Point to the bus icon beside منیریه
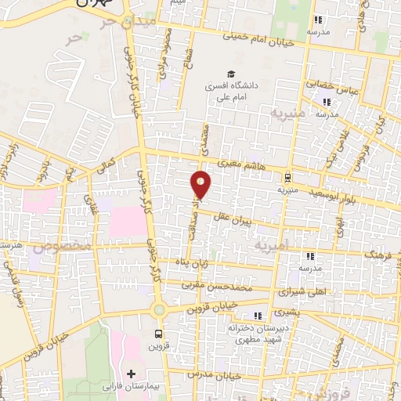coord(287,176)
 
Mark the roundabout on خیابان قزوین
coord(159,309)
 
